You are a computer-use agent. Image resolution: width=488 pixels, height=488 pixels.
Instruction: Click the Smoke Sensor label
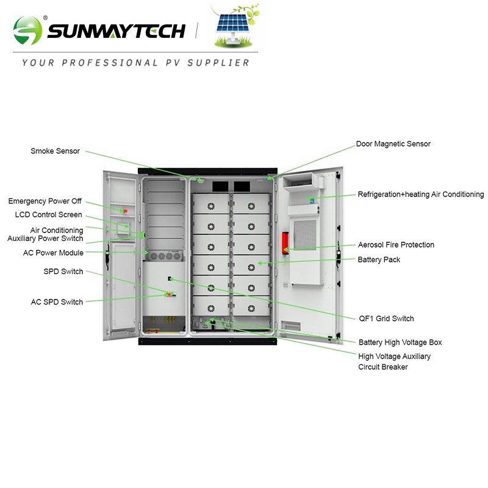click(x=55, y=151)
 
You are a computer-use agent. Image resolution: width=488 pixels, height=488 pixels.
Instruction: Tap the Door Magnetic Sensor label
click(x=393, y=144)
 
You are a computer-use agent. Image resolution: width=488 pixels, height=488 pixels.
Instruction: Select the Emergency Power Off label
click(x=45, y=201)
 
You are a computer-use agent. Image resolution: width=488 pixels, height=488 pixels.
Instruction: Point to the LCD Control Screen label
click(x=48, y=215)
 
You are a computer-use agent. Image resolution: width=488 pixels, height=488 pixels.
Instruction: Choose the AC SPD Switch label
click(x=57, y=302)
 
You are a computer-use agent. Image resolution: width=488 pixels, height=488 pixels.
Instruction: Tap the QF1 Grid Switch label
click(x=386, y=318)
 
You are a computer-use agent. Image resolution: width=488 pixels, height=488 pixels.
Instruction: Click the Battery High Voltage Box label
click(x=400, y=342)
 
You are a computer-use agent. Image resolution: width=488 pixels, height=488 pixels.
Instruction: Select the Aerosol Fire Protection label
click(x=396, y=245)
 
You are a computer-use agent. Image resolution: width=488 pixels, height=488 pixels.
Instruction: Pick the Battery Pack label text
click(x=379, y=260)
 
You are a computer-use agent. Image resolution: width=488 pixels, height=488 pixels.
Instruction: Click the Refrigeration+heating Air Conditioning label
click(x=420, y=195)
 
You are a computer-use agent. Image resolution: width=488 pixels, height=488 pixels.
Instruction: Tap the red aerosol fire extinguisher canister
click(x=284, y=241)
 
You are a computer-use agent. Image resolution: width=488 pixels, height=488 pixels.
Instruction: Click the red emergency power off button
click(x=125, y=211)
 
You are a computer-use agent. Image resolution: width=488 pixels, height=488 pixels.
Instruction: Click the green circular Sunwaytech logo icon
click(x=28, y=30)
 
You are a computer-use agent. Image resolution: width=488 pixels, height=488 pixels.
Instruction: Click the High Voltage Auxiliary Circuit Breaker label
click(x=394, y=361)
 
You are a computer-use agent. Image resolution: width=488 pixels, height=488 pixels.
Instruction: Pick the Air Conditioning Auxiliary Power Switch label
click(x=45, y=234)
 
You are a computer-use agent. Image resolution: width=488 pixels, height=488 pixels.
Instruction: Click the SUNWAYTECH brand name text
click(x=116, y=30)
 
